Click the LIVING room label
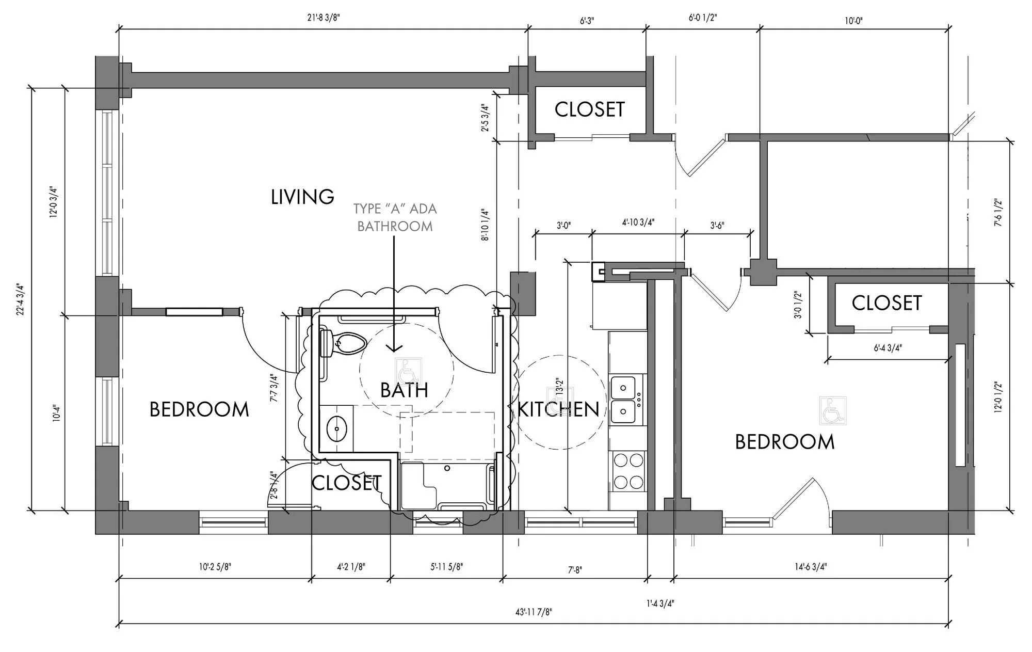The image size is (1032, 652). click(x=302, y=197)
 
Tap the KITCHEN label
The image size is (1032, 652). click(x=558, y=409)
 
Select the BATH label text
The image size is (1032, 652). click(x=404, y=390)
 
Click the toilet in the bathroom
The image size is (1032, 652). click(x=343, y=344)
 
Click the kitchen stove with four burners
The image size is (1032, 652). click(x=628, y=470)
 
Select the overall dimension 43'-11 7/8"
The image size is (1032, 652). click(x=533, y=612)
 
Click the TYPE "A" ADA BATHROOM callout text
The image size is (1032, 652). click(x=395, y=217)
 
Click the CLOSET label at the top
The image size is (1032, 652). click(x=590, y=109)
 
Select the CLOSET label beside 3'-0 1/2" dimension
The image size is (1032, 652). click(x=886, y=303)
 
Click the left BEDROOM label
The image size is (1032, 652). click(x=199, y=409)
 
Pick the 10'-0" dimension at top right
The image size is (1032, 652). click(x=854, y=21)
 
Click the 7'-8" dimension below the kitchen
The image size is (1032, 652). click(x=575, y=570)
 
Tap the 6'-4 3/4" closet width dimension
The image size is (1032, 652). click(x=888, y=348)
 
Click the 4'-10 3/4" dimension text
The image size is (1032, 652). click(x=638, y=222)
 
